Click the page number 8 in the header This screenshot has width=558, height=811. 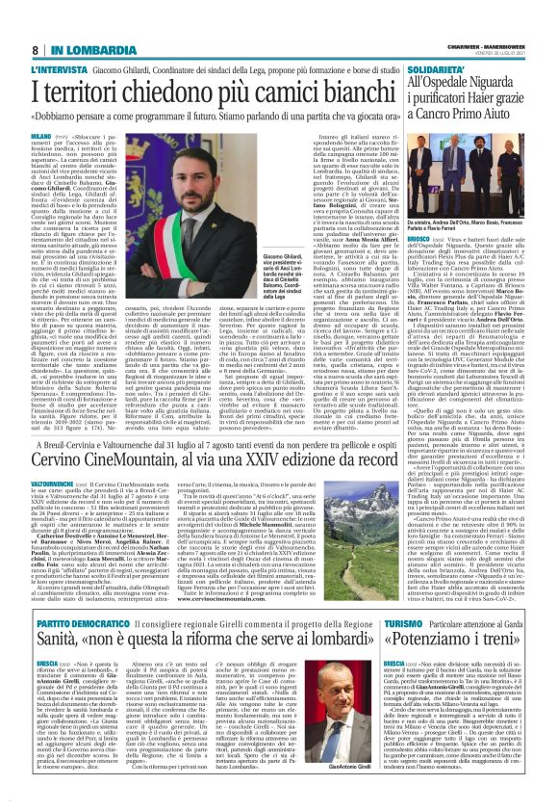[35, 50]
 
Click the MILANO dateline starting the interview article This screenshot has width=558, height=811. [42, 138]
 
